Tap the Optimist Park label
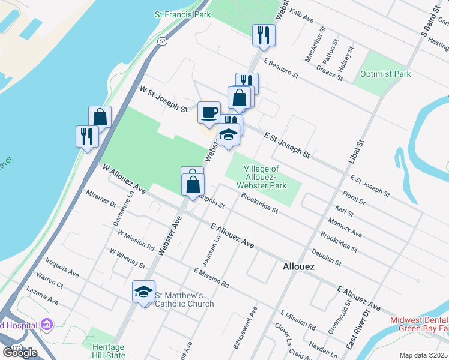385,74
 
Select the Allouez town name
298,266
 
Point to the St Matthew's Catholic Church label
184,299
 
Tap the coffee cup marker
209,113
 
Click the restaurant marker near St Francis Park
264,35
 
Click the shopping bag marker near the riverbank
100,116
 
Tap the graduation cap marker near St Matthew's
143,292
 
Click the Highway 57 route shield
163,41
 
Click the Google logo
20,352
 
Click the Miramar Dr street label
101,201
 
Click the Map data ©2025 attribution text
424,355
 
